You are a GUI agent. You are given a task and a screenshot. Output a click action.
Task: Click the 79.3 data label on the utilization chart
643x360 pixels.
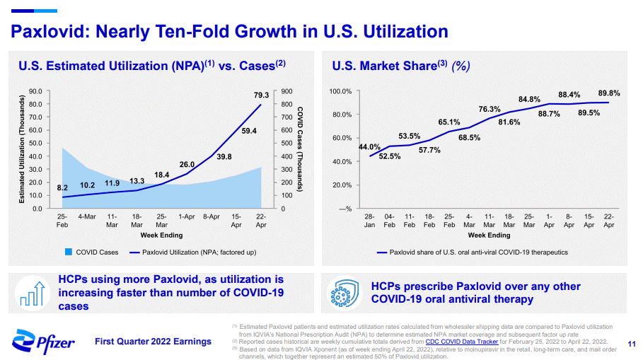point(260,95)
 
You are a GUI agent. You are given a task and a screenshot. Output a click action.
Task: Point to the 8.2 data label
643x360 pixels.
point(62,188)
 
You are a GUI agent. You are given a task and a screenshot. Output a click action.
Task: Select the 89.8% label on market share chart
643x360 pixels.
point(608,93)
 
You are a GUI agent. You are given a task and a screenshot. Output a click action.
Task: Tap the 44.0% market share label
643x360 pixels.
point(369,147)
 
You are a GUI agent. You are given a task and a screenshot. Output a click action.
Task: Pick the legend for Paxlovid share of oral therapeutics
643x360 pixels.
point(473,252)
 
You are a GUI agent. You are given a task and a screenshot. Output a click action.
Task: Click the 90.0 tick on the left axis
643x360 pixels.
point(35,91)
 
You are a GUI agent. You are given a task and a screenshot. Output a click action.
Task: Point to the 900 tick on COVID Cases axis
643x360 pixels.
point(286,91)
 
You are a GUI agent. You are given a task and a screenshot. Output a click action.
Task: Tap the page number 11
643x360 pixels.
point(632,344)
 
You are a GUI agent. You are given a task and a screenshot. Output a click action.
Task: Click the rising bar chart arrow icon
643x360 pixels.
point(33,294)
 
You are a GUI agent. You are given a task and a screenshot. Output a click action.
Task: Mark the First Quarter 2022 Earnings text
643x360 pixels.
point(153,342)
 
